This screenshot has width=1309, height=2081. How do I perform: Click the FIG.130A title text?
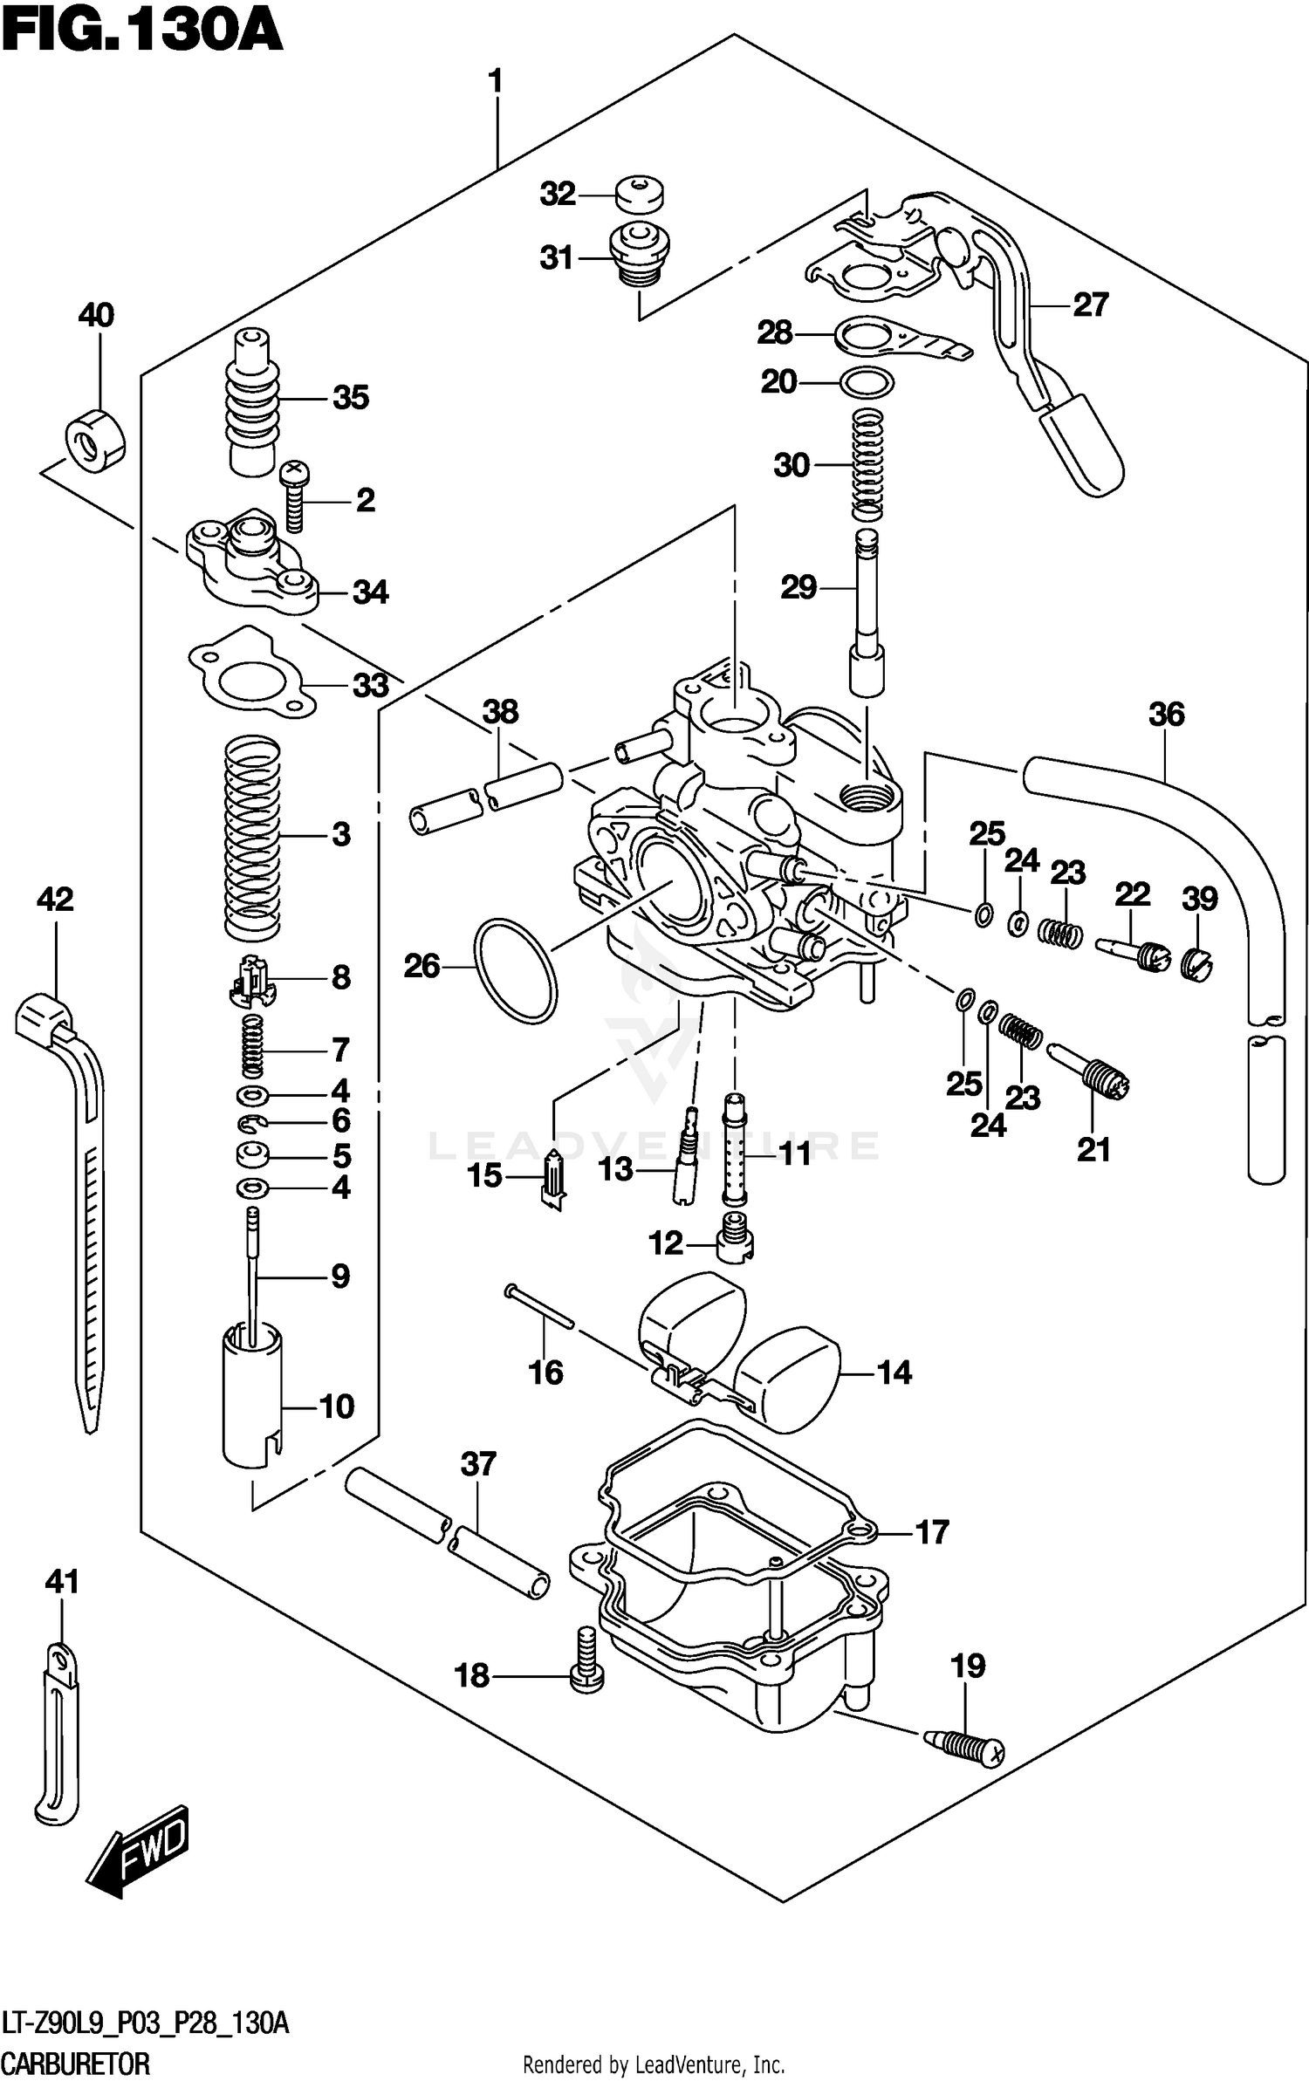pos(142,33)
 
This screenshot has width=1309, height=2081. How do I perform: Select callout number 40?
pos(96,315)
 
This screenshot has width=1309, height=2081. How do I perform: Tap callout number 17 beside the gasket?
pos(932,1532)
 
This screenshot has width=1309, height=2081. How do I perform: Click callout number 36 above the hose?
pos(1166,715)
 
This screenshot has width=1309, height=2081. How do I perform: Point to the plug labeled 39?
pos(1198,962)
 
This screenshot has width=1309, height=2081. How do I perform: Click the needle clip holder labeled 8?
pos(252,979)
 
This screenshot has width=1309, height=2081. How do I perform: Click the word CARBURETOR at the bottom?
pos(77,2064)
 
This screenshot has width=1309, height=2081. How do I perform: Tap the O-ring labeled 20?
pos(866,382)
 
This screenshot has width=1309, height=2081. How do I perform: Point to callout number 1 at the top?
pos(496,82)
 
